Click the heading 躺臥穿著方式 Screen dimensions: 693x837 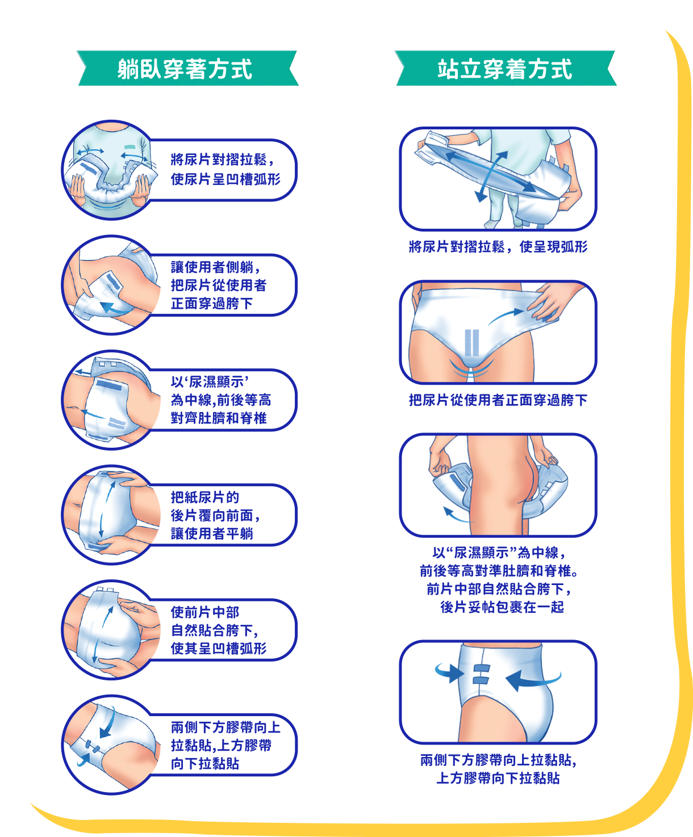pos(185,69)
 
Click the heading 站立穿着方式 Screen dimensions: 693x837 pos(505,69)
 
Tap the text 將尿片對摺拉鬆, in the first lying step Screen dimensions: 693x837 pos(222,159)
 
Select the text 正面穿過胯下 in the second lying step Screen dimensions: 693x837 pos(212,304)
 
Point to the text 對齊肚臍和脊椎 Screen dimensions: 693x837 pos(219,418)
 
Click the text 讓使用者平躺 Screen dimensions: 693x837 pos(212,533)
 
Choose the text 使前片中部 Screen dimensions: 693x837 pos(205,612)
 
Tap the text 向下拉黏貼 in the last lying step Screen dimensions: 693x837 pos(205,764)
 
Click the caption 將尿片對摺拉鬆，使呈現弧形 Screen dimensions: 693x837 pos(498,246)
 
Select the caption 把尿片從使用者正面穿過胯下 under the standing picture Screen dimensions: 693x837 pos(498,399)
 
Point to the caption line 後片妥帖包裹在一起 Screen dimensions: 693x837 pos(502,607)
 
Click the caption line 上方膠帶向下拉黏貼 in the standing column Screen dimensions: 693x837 pos(498,778)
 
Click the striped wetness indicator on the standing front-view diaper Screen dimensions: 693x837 pos(471,343)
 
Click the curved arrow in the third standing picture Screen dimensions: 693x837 pos(457,515)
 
